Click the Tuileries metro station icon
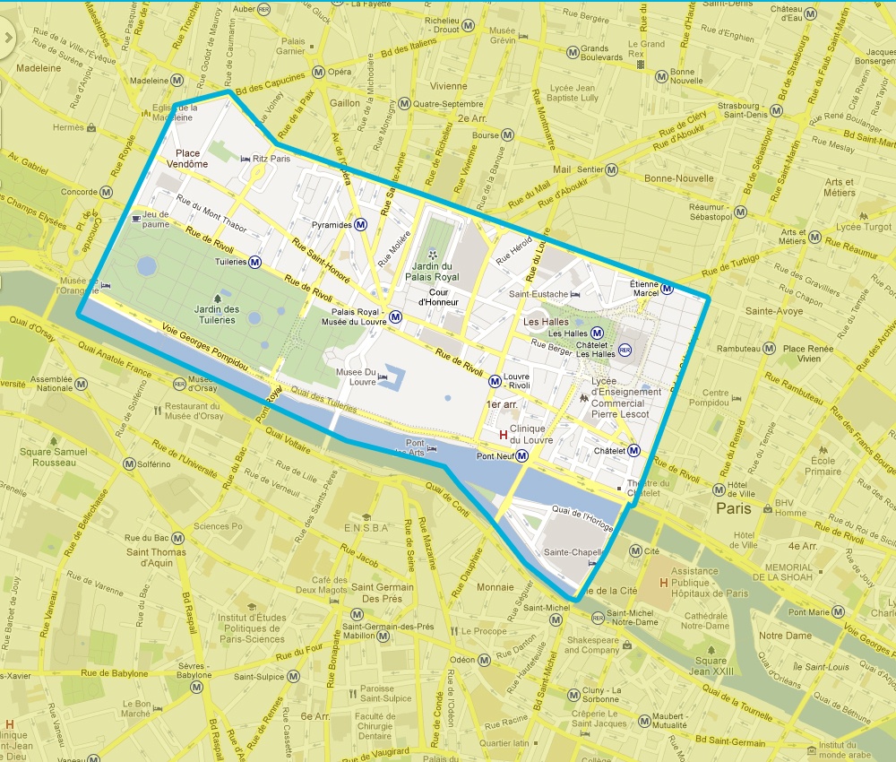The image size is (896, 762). (x=255, y=263)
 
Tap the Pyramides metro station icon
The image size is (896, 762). (x=360, y=224)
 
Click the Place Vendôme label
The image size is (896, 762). (x=192, y=159)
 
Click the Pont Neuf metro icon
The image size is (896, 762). (x=522, y=456)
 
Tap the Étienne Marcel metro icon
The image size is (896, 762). (x=668, y=288)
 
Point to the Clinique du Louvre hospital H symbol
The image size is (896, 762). (x=503, y=435)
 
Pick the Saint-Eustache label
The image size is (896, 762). (x=538, y=294)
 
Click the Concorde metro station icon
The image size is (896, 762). (x=107, y=192)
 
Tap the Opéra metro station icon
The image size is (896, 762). (x=318, y=72)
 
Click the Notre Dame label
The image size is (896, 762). (x=784, y=636)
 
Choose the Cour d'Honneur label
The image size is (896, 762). (x=438, y=298)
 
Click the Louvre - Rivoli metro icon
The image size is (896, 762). (x=495, y=381)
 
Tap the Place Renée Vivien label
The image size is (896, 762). (x=802, y=353)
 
